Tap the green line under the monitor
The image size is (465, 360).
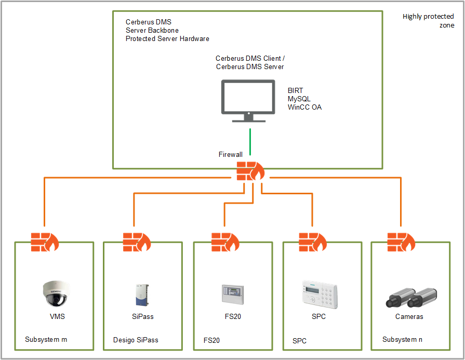[x=250, y=141]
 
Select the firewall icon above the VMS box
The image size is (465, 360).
[x=45, y=242]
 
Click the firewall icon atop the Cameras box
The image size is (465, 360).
[x=401, y=242]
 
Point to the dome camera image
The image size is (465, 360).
[x=55, y=294]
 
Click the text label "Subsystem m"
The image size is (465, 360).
[x=46, y=340]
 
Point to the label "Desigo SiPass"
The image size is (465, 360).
[x=136, y=340]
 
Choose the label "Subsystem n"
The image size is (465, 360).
[x=402, y=340]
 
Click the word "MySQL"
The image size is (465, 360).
[x=299, y=99]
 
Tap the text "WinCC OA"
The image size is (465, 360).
[x=304, y=107]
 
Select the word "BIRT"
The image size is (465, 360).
[x=296, y=90]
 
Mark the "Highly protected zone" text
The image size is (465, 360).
[x=428, y=21]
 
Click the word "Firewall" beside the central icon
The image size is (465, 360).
[x=231, y=154]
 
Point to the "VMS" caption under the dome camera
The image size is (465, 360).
[x=57, y=316]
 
